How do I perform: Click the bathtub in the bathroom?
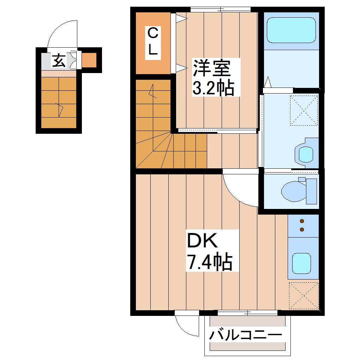(x=291, y=30)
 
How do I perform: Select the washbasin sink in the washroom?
(x=305, y=153)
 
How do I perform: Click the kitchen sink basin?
(x=301, y=263)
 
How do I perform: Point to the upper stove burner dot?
(x=302, y=221)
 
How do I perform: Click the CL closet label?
(x=153, y=43)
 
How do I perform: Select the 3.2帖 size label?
(x=213, y=88)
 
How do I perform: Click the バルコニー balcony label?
(x=245, y=335)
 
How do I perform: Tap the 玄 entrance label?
(x=59, y=60)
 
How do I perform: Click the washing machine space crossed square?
(x=304, y=110)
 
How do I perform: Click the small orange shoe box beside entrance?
(x=89, y=60)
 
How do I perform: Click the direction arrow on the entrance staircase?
(x=60, y=110)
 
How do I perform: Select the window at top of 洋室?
(x=220, y=10)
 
